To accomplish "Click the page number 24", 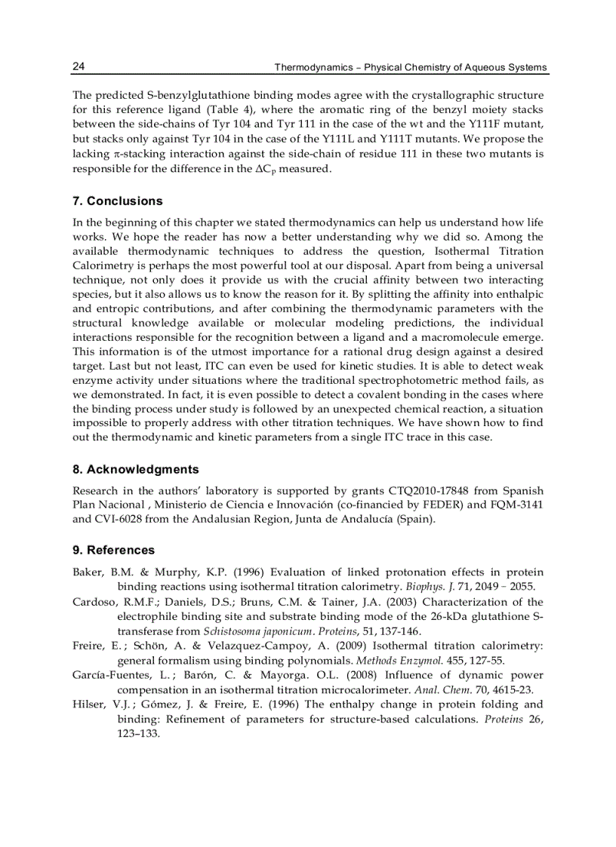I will [x=79, y=67].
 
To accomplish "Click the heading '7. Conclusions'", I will [x=117, y=201].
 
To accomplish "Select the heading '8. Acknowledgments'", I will [x=135, y=469].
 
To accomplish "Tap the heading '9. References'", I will [x=113, y=550].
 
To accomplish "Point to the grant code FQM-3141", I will [x=514, y=505].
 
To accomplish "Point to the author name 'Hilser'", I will [x=87, y=704].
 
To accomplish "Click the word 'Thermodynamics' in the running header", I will [x=314, y=68].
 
